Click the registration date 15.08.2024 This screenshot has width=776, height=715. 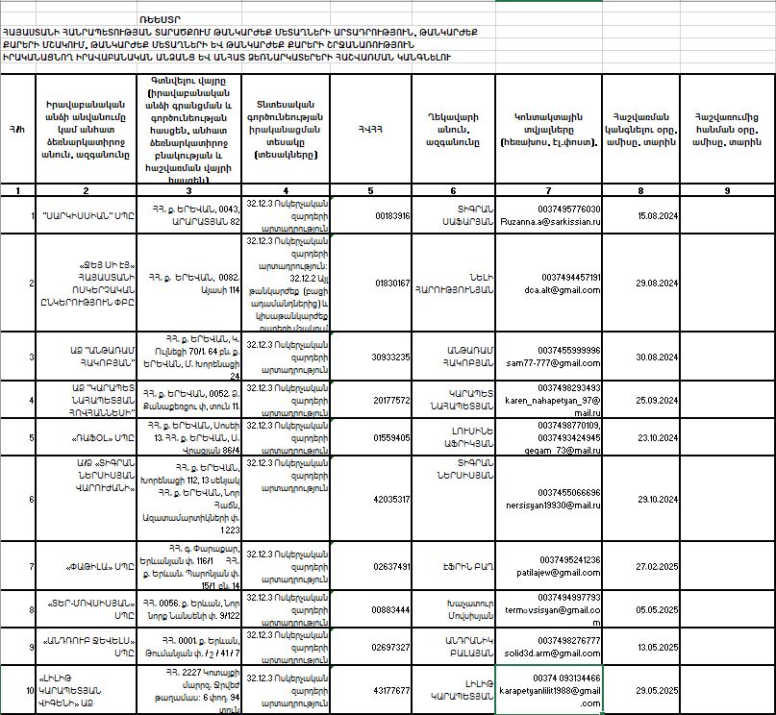658,215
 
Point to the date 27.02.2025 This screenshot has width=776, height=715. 658,566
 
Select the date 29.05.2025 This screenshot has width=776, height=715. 658,690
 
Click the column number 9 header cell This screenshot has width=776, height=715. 727,190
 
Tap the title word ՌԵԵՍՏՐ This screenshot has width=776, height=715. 160,19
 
